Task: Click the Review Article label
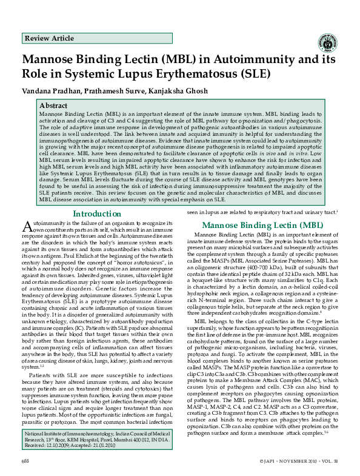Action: [49, 38]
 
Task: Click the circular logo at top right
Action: [328, 42]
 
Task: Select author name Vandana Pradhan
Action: [50, 91]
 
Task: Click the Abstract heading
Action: [53, 105]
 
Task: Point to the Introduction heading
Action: [97, 213]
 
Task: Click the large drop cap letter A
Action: [27, 226]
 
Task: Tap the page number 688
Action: [25, 461]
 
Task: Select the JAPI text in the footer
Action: [268, 461]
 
